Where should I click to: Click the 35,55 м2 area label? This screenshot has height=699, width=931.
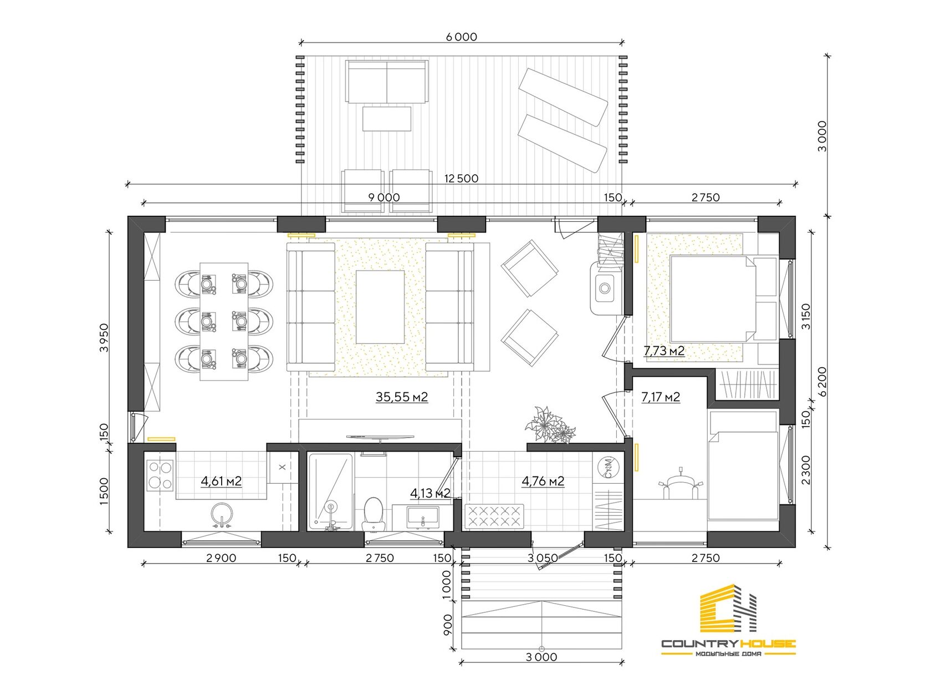pos(401,397)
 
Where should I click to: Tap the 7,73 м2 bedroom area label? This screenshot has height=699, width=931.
pos(664,351)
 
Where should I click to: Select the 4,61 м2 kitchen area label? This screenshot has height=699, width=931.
pos(221,481)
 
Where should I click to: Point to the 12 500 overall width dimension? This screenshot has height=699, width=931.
pos(461,178)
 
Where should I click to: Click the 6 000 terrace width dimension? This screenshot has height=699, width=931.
pos(461,37)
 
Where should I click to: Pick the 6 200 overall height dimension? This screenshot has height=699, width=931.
pos(822,382)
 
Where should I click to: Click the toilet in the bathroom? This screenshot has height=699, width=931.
pos(373,514)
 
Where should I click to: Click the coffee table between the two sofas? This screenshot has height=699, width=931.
pos(380,307)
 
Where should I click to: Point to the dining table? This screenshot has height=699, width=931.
pos(223,321)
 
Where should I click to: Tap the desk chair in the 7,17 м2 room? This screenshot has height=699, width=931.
pos(681,485)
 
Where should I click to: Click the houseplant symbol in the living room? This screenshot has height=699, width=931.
pos(550,425)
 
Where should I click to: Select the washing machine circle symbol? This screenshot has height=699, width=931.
pos(608,468)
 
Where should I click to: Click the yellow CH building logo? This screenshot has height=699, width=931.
pos(728,608)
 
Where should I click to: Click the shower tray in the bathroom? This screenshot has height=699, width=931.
pos(330,492)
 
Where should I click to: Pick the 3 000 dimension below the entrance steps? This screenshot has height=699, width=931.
pos(541,657)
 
